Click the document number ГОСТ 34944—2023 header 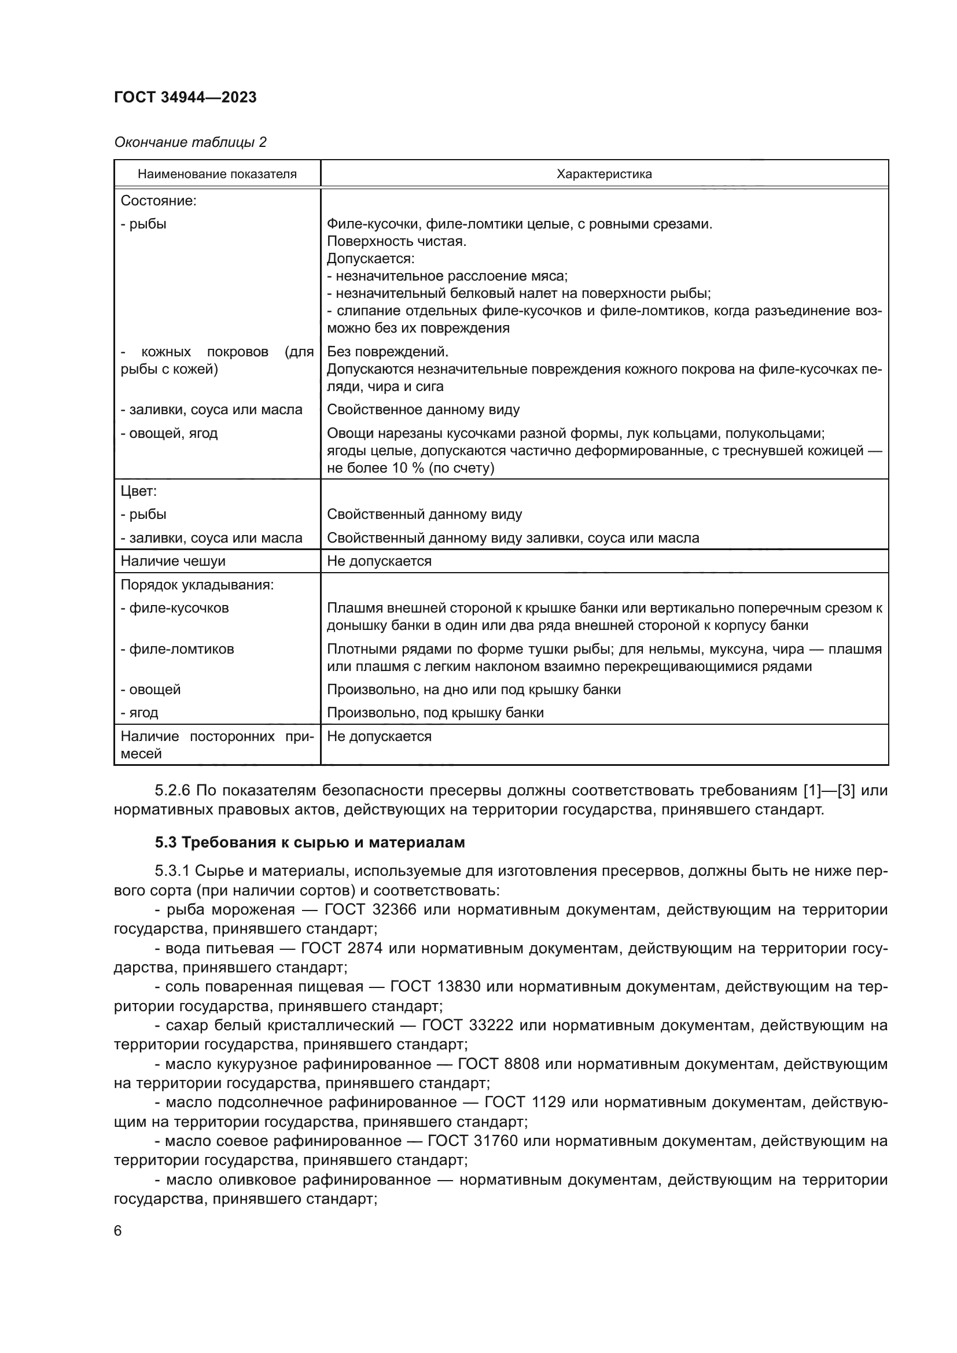185,98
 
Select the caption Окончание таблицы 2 190,142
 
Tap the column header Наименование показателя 217,174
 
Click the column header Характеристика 604,174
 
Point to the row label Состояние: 159,201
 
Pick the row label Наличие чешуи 172,561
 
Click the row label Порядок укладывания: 197,585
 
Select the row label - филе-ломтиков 178,650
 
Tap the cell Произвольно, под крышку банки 435,713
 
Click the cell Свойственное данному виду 423,410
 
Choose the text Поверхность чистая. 396,242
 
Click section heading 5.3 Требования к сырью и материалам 310,843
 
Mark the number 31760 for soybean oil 496,1141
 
